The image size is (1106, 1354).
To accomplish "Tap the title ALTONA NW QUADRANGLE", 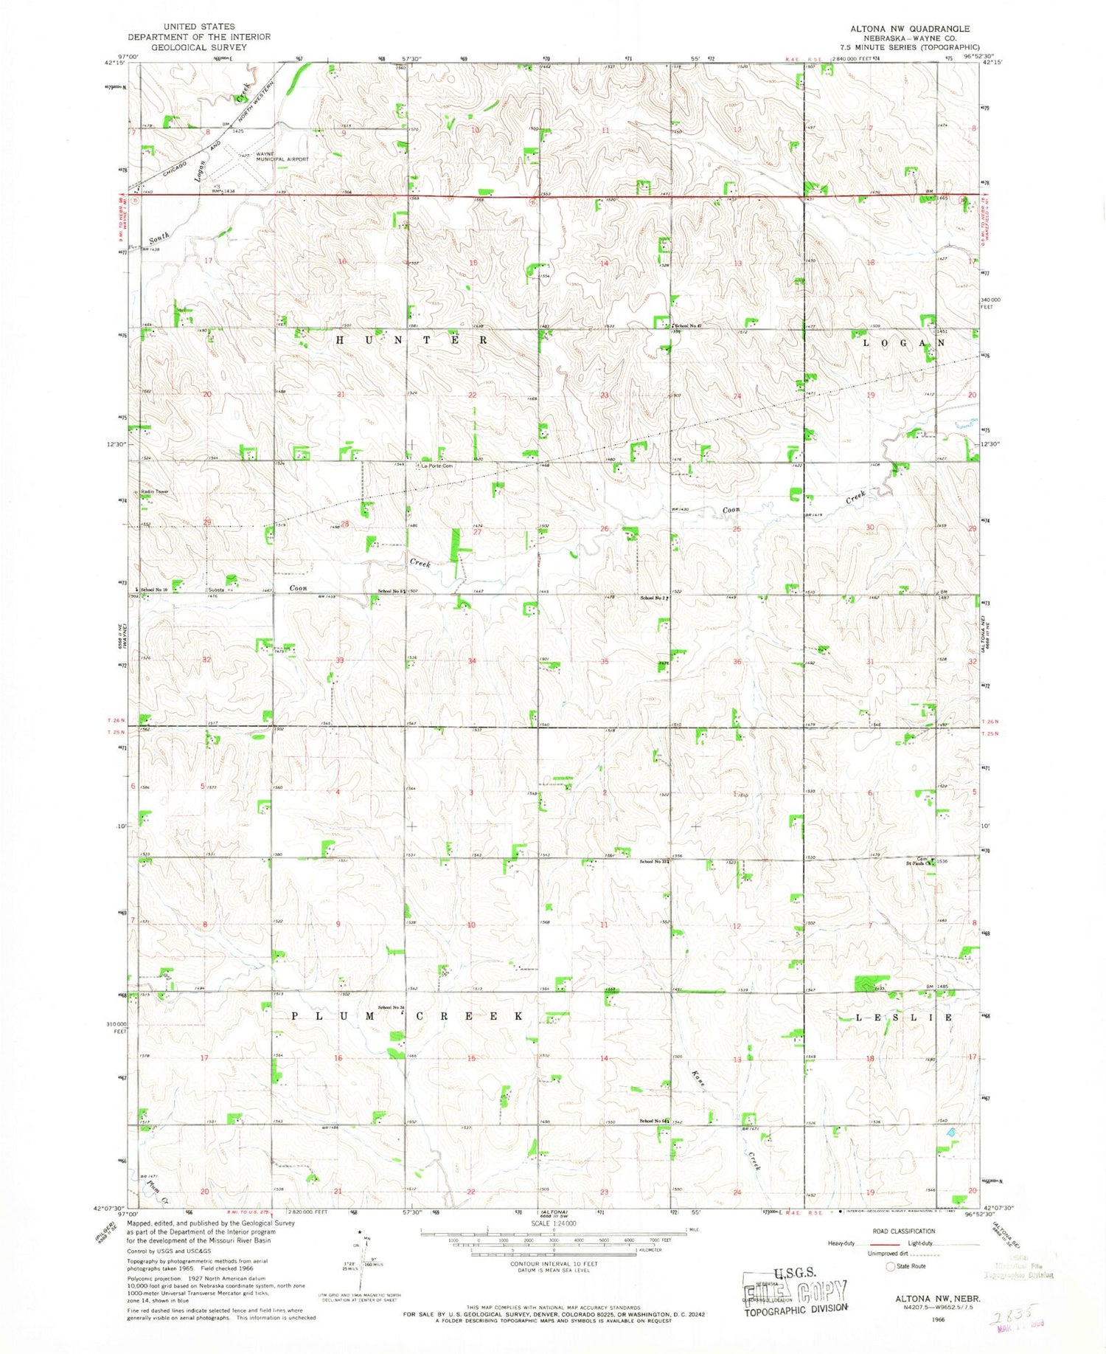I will click(909, 28).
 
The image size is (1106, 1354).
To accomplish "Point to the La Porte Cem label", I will click(437, 466).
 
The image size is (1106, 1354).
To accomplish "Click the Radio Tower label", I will click(156, 491).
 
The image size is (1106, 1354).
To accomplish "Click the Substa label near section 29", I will click(217, 590).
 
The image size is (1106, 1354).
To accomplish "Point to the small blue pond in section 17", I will click(951, 1130).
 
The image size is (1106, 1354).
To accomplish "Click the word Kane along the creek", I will click(699, 1078).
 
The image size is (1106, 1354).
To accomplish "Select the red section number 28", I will click(344, 524).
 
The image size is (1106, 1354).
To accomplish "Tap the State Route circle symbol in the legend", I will click(891, 1266).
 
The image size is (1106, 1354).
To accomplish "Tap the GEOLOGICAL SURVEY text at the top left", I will click(199, 46).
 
